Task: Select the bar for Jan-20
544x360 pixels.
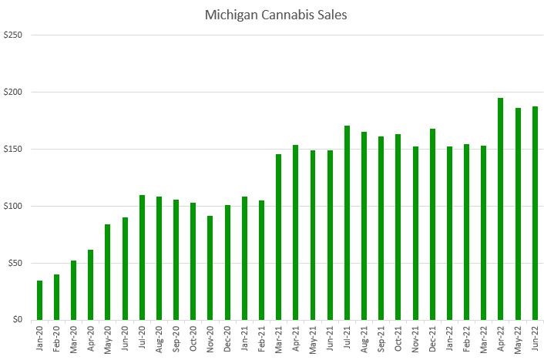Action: coord(39,300)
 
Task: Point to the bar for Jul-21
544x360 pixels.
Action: coord(347,223)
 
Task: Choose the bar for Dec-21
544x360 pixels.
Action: coord(432,224)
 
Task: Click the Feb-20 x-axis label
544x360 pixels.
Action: coord(57,339)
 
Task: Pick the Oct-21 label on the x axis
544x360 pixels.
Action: coord(398,339)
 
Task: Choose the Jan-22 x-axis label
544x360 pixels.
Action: coord(450,339)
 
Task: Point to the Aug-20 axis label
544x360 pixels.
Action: coord(160,339)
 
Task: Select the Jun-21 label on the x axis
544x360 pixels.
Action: coord(330,339)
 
